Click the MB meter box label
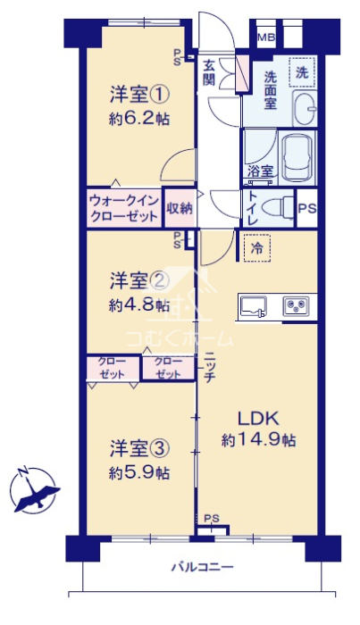coord(266,38)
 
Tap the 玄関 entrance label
coord(208,72)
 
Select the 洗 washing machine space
coord(302,72)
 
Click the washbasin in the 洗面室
coord(305,108)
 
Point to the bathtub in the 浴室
coord(298,158)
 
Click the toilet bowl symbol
coord(281,207)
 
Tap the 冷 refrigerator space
coord(256,248)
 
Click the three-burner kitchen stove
coord(296,306)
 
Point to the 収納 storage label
coord(180,208)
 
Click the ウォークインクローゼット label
coord(124,208)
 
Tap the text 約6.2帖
coord(139,119)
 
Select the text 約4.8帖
coord(139,305)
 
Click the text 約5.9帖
coord(139,472)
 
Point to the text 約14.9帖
coord(259,440)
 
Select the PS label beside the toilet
coord(306,208)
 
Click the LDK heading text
coord(258,418)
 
